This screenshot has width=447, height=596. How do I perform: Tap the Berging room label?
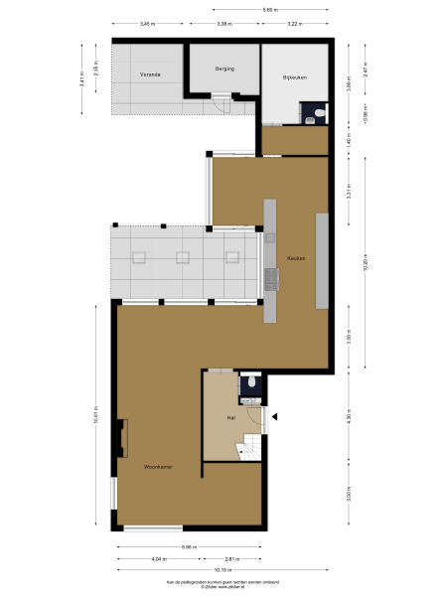pos(223,68)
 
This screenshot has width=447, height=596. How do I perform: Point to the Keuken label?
pos(295,258)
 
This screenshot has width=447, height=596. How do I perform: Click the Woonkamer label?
pos(159,466)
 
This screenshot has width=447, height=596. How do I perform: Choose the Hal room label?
pos(230,417)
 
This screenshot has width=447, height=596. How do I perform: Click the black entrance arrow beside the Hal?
pos(276,416)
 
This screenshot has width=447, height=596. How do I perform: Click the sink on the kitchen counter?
pos(269,236)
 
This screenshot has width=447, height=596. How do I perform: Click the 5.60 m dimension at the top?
pos(269,10)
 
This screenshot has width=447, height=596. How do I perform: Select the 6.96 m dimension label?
pos(188,547)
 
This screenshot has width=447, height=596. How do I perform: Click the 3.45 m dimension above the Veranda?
pos(146,23)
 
